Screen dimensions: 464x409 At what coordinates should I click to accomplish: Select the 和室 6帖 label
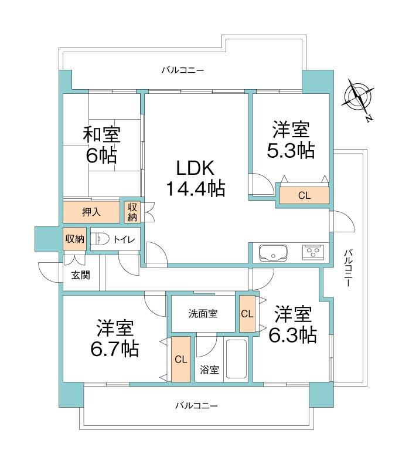(x=101, y=145)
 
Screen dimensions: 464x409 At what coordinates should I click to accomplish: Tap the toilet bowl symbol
(x=101, y=239)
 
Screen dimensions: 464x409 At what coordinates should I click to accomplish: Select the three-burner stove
(x=312, y=253)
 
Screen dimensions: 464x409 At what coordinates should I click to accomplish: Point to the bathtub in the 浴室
(x=236, y=360)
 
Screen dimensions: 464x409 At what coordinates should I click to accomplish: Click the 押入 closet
(x=91, y=211)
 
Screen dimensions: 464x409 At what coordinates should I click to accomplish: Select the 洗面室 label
(x=203, y=313)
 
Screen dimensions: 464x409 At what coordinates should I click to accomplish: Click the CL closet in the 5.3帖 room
(x=304, y=195)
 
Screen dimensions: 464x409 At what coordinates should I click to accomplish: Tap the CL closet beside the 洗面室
(x=247, y=313)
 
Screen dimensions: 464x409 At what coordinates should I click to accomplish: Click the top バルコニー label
(x=183, y=70)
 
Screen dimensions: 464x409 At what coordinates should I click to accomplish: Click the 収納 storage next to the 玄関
(x=75, y=239)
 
